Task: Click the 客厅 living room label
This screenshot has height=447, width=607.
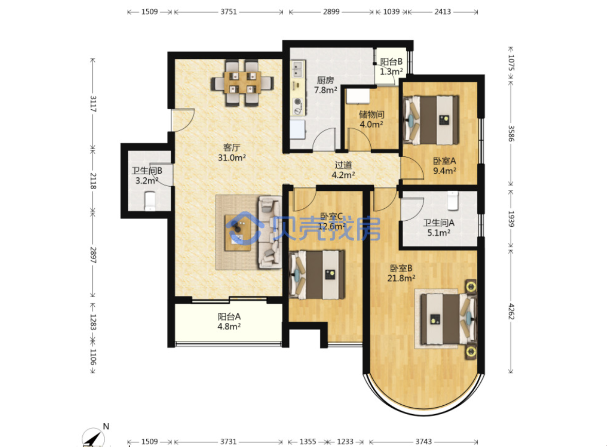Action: coord(232,147)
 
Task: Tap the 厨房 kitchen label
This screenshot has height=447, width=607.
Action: coord(325,80)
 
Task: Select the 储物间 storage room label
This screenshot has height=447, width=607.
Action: coord(372,114)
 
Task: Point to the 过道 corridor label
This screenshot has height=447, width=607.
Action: coord(343,165)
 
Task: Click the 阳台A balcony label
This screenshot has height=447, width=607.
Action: coord(229,317)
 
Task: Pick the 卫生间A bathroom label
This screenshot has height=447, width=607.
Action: coord(439,223)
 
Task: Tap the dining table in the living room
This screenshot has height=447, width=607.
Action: coord(242,82)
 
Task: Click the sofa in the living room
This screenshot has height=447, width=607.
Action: coord(270,232)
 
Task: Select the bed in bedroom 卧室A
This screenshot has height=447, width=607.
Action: coord(430,120)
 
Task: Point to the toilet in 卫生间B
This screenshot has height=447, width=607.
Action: coord(150,201)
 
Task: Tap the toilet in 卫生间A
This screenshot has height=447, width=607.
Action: coord(453,200)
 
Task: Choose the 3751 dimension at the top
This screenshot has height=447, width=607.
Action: coord(229,12)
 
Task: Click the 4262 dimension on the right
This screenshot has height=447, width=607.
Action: coord(511,311)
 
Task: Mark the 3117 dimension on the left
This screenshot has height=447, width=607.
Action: coord(93,104)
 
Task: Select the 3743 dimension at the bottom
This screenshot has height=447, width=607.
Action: coord(424,441)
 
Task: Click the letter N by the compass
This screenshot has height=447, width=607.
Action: coord(106,426)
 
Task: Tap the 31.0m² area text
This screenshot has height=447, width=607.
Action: coord(232,157)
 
